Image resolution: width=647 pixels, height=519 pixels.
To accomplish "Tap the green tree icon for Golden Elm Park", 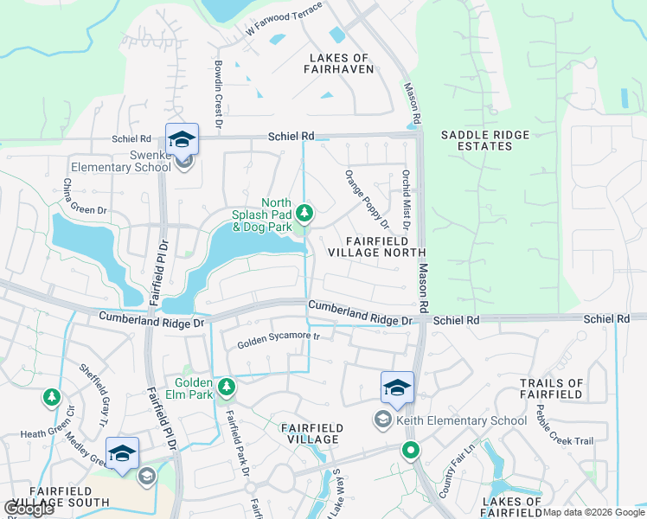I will tap(227, 386).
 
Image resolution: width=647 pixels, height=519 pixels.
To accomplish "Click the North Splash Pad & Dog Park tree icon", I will tap(304, 212).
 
